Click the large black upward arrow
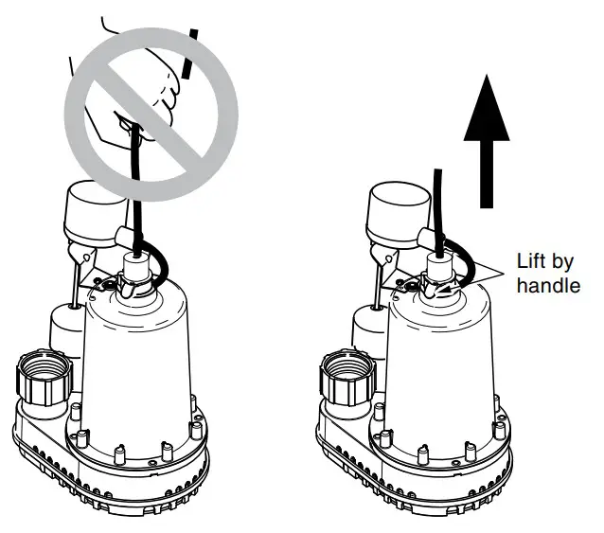point(488,142)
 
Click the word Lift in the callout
point(532,262)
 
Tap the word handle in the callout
point(548,284)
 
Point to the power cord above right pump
point(437,204)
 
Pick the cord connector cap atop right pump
point(439,268)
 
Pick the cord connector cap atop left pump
point(134,268)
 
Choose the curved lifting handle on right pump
point(465,266)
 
